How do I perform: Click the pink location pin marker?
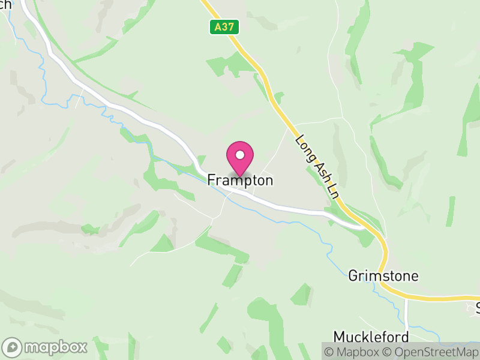(240, 158)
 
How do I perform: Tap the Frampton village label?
(241, 180)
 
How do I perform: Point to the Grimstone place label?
(383, 276)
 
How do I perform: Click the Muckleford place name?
(371, 337)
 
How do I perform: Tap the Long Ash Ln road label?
(317, 166)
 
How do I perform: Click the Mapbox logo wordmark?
(56, 347)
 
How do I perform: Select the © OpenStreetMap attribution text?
(430, 351)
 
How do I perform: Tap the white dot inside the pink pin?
(240, 155)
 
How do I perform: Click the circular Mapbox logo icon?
(13, 347)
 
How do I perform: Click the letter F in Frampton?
(212, 180)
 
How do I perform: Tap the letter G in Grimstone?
(353, 276)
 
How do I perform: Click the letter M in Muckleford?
(339, 337)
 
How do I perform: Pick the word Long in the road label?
(305, 148)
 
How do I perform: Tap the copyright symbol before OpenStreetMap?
(387, 351)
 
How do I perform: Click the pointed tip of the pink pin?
(240, 176)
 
